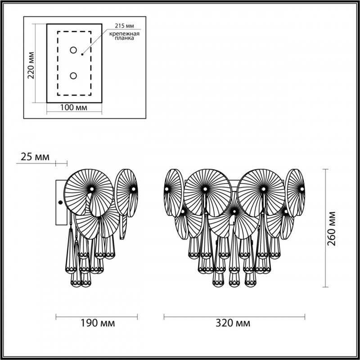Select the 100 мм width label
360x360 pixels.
tap(74, 108)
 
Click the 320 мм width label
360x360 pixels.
tap(233, 323)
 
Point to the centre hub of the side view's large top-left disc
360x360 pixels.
tap(92, 188)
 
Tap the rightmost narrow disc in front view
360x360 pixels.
tap(296, 189)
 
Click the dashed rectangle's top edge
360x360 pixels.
tap(74, 31)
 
